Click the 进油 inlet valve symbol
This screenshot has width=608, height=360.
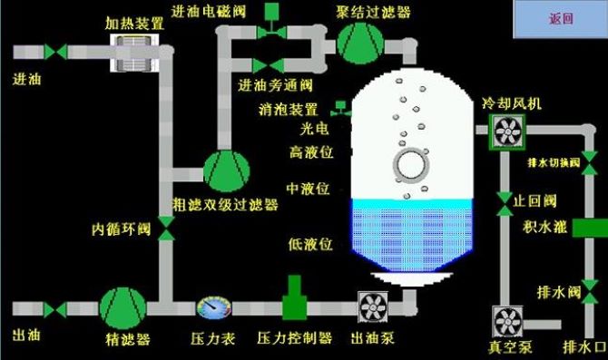pyautogui.click(x=56, y=52)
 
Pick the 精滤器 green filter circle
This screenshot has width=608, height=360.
pyautogui.click(x=122, y=308)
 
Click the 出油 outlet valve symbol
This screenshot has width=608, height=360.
pyautogui.click(x=56, y=309)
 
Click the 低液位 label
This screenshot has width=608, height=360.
pyautogui.click(x=309, y=243)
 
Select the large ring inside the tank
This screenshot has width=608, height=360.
pyautogui.click(x=412, y=166)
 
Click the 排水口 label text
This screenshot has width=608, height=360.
pyautogui.click(x=581, y=347)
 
